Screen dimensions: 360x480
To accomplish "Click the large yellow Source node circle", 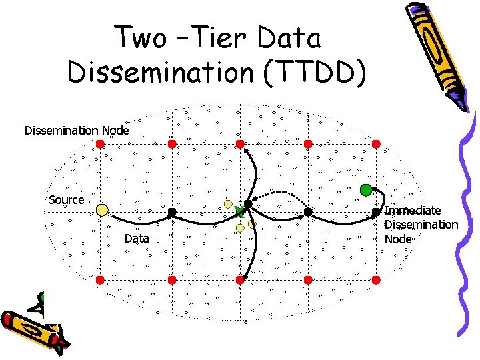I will coord(102,210).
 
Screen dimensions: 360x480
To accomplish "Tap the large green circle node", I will coord(365,189).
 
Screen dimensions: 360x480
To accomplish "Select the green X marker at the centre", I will coord(240,211).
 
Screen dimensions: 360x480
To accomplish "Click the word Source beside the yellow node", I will coord(67,200).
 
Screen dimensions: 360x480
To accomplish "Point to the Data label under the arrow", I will coord(137,239).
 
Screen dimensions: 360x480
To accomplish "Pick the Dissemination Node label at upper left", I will coord(77,130).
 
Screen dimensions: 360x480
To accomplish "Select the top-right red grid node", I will coord(376,143).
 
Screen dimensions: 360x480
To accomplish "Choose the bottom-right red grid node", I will coord(376,279).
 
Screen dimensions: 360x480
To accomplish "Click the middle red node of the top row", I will coord(240,143).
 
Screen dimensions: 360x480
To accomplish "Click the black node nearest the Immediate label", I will coord(376,211).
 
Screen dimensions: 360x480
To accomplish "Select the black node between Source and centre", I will coord(171,211).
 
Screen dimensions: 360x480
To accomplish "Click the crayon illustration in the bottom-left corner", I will coord(33,327).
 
